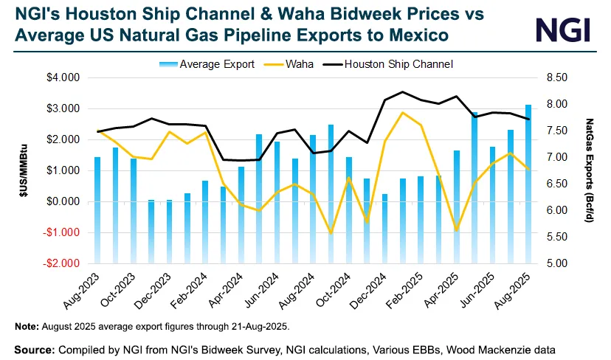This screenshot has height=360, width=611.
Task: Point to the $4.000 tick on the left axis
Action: (63, 77)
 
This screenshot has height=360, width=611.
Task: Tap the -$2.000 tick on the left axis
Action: (63, 263)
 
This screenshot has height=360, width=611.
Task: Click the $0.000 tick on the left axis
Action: (63, 201)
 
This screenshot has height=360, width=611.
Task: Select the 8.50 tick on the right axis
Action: (556, 77)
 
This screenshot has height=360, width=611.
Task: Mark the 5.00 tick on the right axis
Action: (556, 263)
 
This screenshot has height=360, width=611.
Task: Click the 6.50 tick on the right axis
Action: (556, 184)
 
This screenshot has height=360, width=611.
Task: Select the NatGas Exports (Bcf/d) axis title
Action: (590, 170)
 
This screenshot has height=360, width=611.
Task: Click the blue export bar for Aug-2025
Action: (528, 184)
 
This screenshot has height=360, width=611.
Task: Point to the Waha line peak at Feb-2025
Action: (402, 113)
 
